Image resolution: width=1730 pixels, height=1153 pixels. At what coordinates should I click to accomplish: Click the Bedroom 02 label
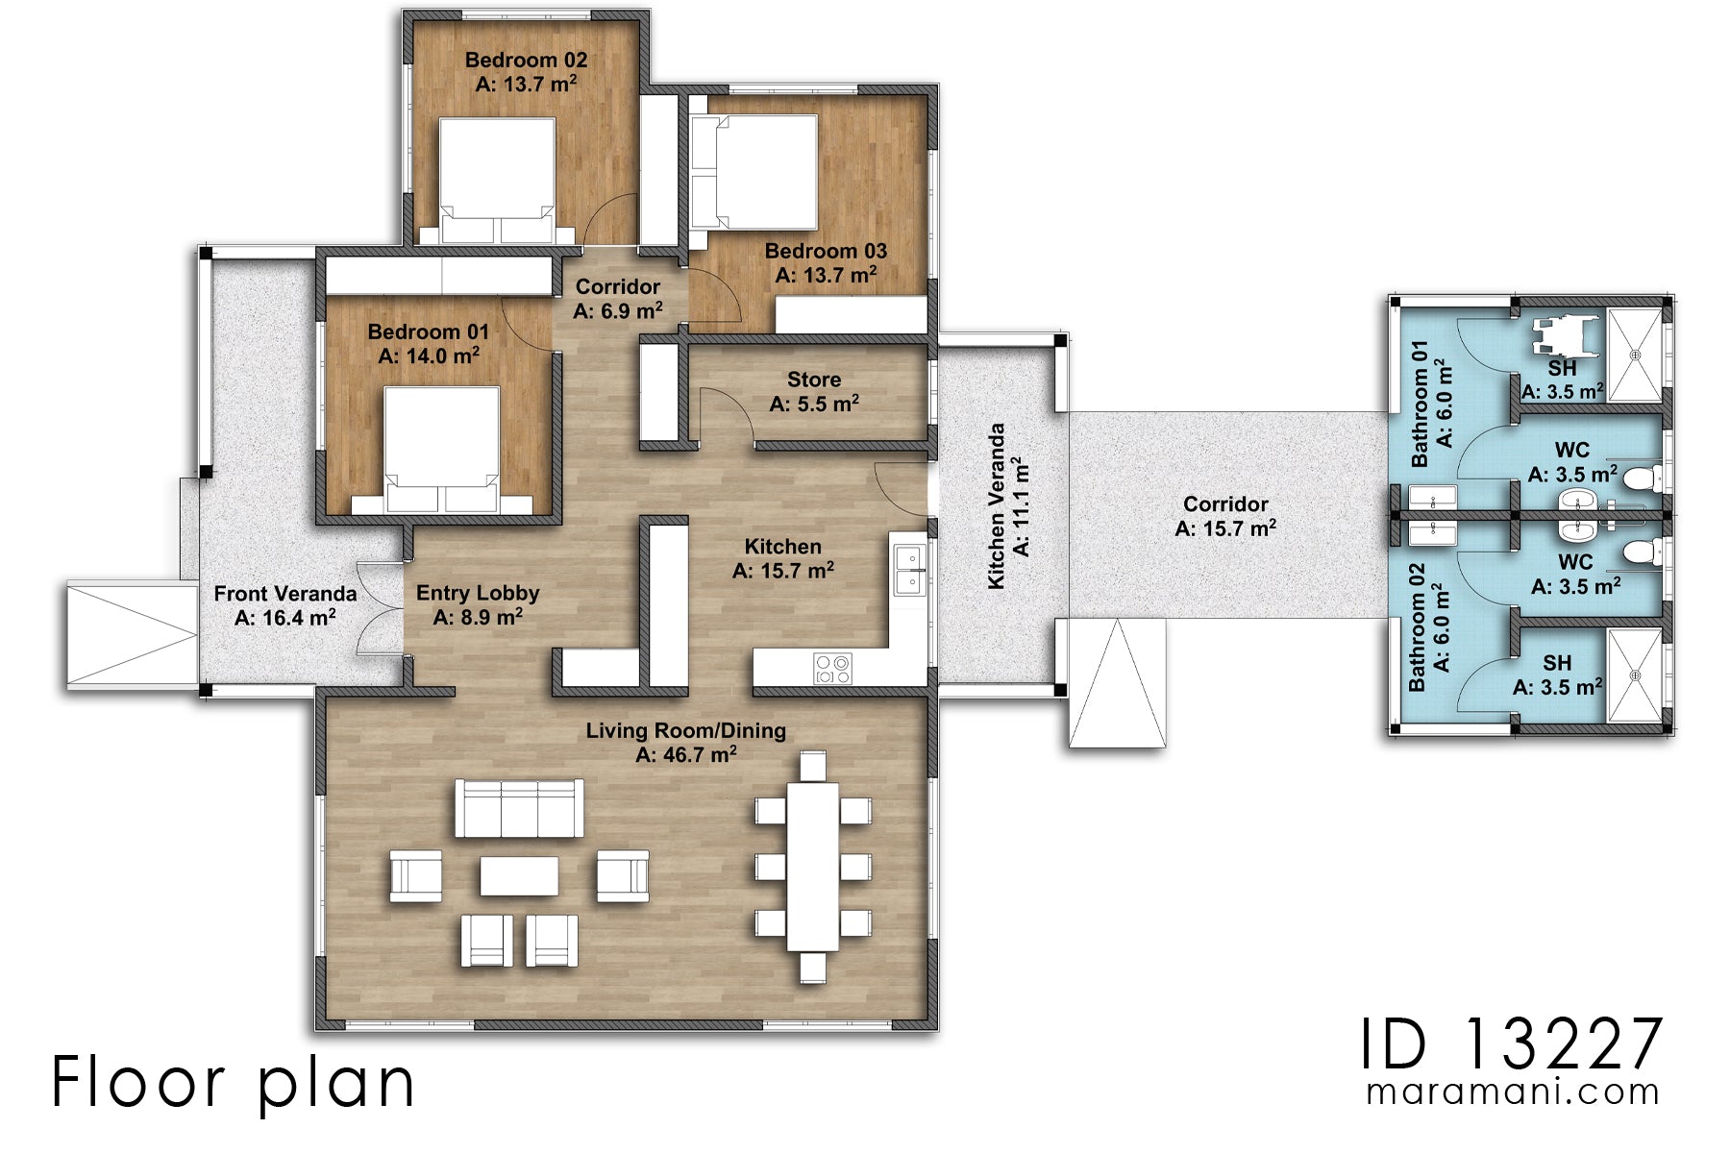(x=526, y=60)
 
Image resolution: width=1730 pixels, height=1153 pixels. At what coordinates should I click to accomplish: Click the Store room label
(x=813, y=380)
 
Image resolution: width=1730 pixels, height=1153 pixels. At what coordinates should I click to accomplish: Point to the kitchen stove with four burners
(x=832, y=668)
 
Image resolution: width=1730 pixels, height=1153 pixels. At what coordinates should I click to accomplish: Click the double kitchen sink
(x=908, y=569)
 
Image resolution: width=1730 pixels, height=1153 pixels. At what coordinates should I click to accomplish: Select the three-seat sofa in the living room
(x=519, y=808)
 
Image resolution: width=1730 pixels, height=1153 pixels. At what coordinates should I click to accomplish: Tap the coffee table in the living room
(x=519, y=876)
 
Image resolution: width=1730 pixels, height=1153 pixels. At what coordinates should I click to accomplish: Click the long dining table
(x=812, y=865)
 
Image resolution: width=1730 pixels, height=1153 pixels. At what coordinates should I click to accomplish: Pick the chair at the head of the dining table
(x=812, y=766)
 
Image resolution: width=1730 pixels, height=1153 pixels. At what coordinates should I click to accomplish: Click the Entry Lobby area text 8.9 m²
(x=478, y=618)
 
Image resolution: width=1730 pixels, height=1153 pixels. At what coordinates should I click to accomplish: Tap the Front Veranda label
(x=284, y=594)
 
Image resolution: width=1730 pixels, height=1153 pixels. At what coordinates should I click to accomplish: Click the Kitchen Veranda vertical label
(x=997, y=506)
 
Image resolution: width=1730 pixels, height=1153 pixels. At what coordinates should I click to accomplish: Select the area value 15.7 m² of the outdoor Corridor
(x=1225, y=528)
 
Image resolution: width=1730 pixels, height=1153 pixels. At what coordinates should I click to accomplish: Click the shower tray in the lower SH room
(x=1634, y=675)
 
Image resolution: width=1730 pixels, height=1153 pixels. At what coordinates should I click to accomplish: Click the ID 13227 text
(x=1511, y=1045)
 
